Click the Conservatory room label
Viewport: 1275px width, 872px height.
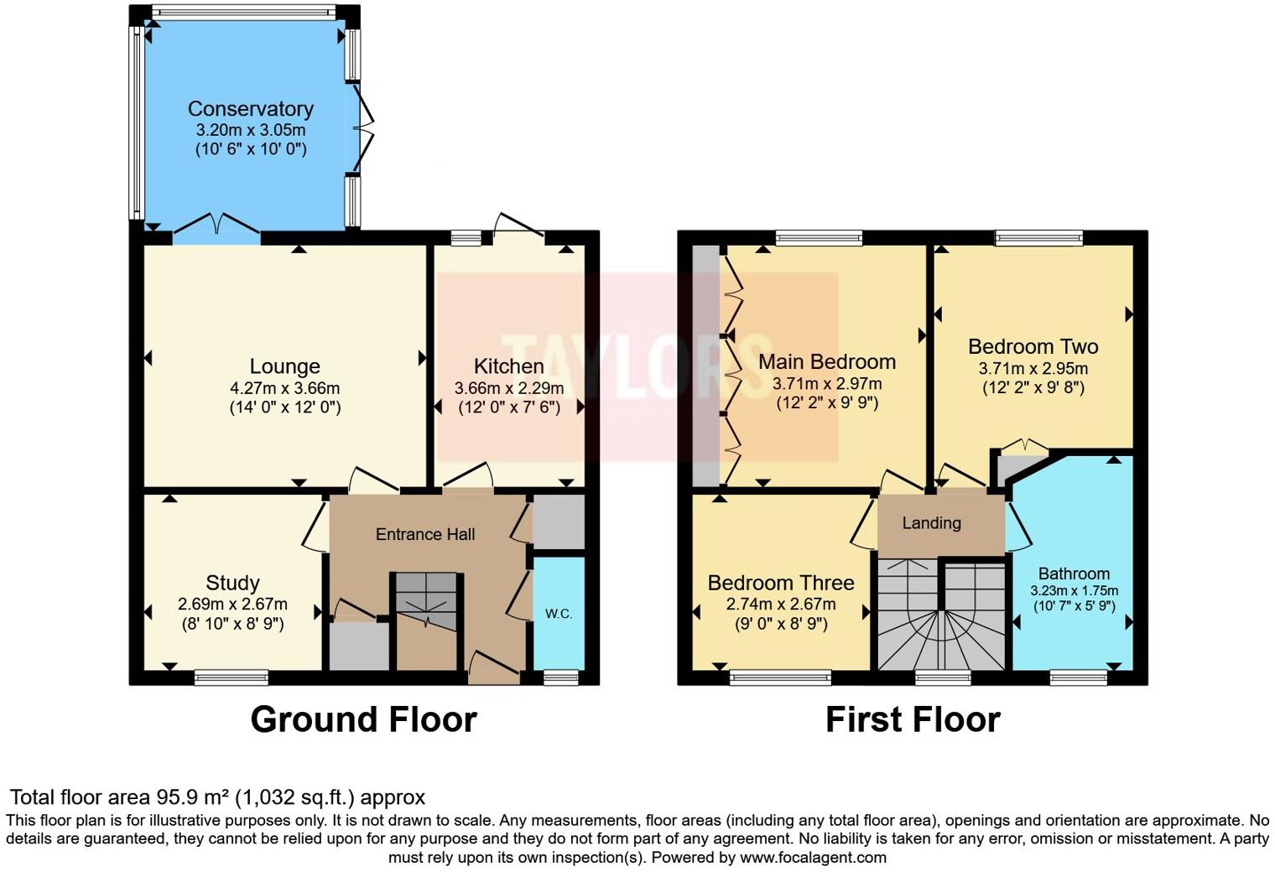250,109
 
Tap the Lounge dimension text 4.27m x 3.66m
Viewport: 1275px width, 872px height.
284,388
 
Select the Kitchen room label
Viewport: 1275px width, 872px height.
508,366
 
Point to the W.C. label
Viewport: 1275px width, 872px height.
559,614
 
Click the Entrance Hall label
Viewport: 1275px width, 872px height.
425,534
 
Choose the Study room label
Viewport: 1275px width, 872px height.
232,583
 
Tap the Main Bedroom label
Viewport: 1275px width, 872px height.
826,361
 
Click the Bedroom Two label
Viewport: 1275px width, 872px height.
1033,346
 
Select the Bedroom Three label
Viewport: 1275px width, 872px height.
780,583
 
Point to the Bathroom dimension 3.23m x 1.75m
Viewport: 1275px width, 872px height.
1074,590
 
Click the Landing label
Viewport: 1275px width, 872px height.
931,523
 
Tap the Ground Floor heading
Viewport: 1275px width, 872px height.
363,719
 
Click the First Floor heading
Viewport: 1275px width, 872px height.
913,719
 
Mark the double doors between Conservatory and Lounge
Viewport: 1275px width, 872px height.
216,227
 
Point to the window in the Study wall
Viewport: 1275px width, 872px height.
232,677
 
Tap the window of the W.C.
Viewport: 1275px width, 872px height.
560,677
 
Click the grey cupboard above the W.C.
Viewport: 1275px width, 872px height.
559,522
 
